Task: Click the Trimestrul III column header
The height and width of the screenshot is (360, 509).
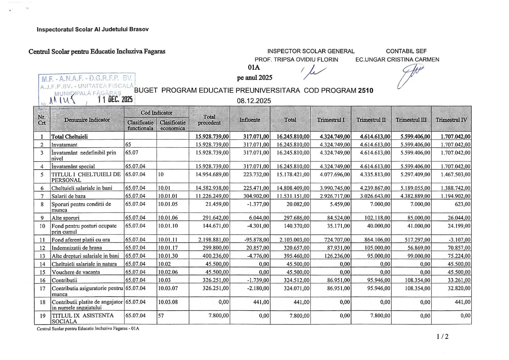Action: [x=411, y=120]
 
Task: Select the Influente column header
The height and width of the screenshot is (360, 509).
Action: [x=250, y=120]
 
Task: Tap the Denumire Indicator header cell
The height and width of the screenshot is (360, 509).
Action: [x=87, y=120]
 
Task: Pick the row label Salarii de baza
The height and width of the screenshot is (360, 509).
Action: [x=69, y=196]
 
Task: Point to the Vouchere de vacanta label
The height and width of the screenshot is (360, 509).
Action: [x=76, y=272]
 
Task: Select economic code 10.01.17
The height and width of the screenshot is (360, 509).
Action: [x=168, y=248]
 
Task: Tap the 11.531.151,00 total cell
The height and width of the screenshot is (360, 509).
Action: [x=293, y=196]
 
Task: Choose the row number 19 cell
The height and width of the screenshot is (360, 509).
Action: [x=42, y=316]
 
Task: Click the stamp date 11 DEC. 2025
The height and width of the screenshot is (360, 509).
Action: [x=115, y=100]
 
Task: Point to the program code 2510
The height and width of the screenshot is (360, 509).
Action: [x=366, y=90]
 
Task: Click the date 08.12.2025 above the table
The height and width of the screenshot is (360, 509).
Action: [x=254, y=101]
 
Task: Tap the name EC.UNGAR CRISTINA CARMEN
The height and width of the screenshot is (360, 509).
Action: [x=397, y=60]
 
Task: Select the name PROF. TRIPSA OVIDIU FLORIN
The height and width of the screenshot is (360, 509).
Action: [x=296, y=60]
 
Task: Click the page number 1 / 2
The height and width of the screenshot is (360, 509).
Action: [x=443, y=336]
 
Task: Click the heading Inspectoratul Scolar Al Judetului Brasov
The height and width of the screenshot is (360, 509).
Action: [x=93, y=29]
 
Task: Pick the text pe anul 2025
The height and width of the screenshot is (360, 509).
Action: [x=255, y=78]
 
